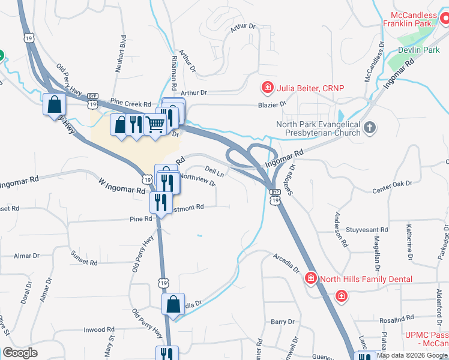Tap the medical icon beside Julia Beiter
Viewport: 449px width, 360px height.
(267, 88)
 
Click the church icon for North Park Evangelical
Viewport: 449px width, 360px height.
(370, 127)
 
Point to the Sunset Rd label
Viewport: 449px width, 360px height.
(84, 262)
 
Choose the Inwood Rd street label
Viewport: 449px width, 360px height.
(98, 329)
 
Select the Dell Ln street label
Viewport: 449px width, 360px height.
(214, 172)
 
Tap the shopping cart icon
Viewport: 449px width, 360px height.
(155, 124)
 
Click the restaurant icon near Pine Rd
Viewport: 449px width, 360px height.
(161, 202)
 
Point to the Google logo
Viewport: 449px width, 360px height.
(20, 353)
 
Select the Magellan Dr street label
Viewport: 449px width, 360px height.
(378, 249)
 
